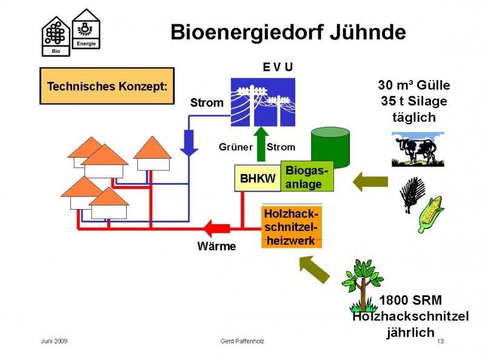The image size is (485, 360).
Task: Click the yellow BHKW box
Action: [257, 178]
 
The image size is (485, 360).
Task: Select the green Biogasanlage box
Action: [307, 176]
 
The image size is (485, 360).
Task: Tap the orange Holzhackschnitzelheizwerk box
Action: [292, 227]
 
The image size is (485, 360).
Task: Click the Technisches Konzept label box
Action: [107, 86]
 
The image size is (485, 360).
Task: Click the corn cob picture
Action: [430, 214]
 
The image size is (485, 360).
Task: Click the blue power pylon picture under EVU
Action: [263, 102]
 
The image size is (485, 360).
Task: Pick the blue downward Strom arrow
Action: [190, 144]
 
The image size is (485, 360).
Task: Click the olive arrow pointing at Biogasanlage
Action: [370, 181]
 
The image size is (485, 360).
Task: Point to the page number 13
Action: [440, 341]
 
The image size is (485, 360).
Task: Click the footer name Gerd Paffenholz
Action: [242, 341]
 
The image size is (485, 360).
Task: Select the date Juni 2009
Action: [54, 341]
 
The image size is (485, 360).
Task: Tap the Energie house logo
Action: [86, 28]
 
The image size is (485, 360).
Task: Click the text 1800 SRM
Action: [410, 300]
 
